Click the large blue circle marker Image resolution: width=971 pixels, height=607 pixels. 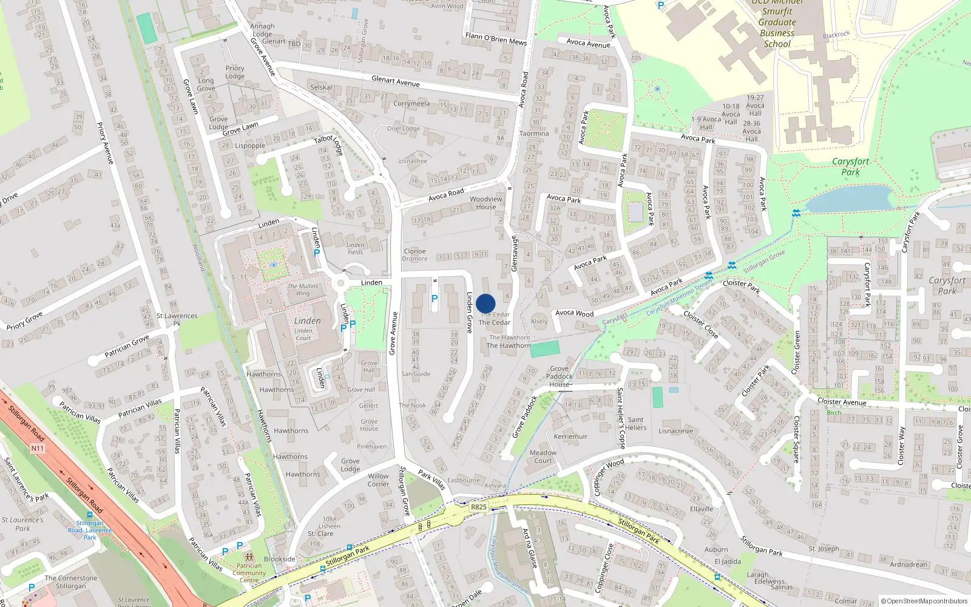(486, 303)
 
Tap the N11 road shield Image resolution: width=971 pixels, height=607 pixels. (37, 449)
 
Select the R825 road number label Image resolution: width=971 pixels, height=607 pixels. (479, 506)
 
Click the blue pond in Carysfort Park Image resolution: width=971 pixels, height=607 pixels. (850, 198)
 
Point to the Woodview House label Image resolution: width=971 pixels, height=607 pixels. (486, 203)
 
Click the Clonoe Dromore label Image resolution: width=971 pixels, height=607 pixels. (414, 255)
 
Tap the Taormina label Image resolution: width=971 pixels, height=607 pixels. (534, 134)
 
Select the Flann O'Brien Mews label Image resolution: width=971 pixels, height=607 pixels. (496, 39)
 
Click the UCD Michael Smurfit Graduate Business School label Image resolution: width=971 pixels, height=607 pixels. (777, 24)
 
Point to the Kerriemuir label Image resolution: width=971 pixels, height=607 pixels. (570, 436)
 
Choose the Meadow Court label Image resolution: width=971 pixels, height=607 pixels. (543, 456)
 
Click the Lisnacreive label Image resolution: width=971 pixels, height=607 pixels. (675, 431)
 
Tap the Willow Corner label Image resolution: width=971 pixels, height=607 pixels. (378, 480)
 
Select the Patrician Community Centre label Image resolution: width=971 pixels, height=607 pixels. (249, 572)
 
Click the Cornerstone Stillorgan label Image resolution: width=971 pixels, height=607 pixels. (70, 582)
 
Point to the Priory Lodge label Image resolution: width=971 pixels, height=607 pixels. (235, 72)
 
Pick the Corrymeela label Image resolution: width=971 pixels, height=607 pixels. (411, 104)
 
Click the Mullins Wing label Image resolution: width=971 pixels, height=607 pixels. (303, 290)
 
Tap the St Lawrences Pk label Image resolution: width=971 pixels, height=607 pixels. (177, 319)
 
